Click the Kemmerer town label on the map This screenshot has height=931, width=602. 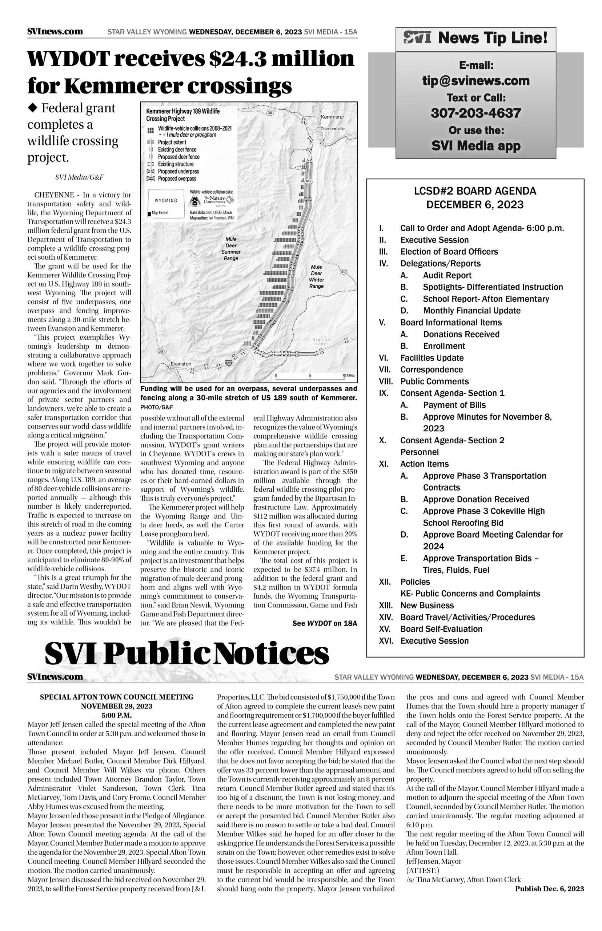(332, 117)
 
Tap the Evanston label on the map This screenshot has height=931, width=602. (181, 364)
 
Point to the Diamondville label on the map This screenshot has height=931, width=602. (333, 128)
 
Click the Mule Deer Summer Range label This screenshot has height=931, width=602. (231, 249)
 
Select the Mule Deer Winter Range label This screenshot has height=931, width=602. (316, 276)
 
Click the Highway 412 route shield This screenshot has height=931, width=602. (344, 271)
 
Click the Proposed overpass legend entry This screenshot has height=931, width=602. (177, 179)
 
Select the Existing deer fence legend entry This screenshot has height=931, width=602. (177, 150)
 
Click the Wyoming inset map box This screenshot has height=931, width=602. (166, 203)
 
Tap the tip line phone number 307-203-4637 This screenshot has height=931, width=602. (476, 113)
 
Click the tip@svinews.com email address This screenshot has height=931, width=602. (476, 81)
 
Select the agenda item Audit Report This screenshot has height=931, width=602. (447, 275)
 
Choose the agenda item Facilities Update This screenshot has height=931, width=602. (432, 358)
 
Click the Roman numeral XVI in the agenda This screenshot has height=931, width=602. (386, 641)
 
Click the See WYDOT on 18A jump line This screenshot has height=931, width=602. (325, 623)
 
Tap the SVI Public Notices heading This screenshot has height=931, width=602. (187, 654)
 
